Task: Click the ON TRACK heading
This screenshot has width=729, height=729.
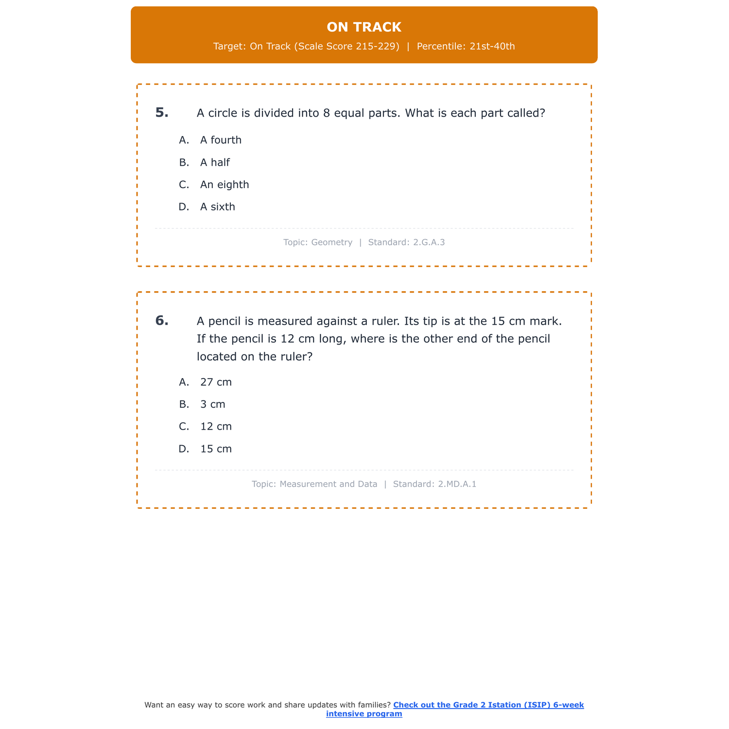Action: [364, 27]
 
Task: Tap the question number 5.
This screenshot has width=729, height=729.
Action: [162, 113]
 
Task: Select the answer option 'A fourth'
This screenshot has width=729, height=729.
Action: [221, 140]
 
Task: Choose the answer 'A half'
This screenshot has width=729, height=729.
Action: [215, 162]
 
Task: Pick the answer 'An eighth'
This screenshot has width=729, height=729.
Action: [225, 185]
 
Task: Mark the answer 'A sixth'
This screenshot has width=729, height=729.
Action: [218, 207]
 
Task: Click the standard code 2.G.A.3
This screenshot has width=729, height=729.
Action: [429, 242]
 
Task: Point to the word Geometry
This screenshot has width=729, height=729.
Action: [331, 242]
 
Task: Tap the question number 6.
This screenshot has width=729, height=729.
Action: [162, 321]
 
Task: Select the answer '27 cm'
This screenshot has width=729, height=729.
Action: [216, 382]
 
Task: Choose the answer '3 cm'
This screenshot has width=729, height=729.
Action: [213, 404]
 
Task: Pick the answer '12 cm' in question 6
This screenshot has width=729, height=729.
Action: [216, 427]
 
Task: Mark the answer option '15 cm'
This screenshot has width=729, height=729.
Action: [216, 449]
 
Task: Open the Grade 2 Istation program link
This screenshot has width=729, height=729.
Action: [488, 705]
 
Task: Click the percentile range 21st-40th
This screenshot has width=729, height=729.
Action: [492, 47]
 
